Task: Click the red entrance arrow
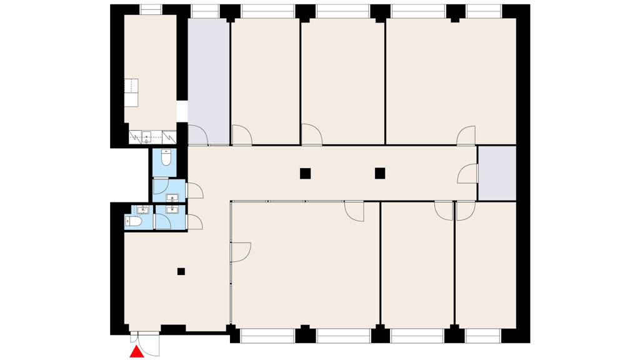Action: [136, 354]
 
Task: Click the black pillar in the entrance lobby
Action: [181, 271]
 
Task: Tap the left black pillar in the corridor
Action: [304, 174]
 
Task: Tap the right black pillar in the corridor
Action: [379, 174]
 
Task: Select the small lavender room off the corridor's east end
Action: [497, 173]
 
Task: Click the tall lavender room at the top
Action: [209, 75]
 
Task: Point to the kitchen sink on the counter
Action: [146, 136]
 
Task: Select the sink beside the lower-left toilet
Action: [143, 209]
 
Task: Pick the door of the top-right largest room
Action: [466, 135]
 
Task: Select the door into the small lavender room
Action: [467, 174]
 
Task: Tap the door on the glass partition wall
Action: [241, 251]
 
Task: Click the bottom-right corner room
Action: [486, 266]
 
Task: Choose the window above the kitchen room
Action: [150, 9]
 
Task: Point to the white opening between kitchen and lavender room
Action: [182, 111]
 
